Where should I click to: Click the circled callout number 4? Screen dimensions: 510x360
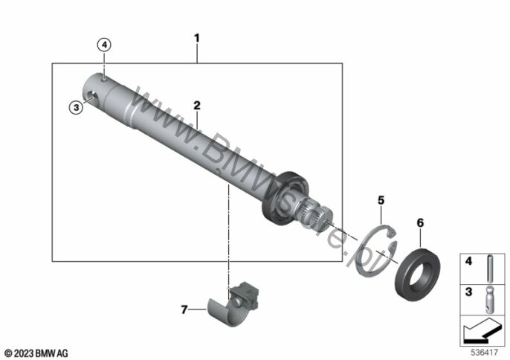point(104,45)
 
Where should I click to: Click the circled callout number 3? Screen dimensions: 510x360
point(76,107)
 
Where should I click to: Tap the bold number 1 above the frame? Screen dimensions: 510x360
point(196,39)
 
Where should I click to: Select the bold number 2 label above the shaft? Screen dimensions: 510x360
point(197,106)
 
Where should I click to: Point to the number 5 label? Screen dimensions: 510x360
point(381,200)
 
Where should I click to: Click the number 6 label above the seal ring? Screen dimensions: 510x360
point(420,223)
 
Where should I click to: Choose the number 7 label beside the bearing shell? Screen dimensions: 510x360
point(184,309)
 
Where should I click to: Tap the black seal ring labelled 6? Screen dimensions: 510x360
point(417,275)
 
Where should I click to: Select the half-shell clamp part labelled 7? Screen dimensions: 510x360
point(233,304)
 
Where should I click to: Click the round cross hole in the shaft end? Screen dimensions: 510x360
point(93,97)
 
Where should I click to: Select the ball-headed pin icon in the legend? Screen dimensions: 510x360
point(490,300)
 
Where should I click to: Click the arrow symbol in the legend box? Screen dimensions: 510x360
point(482,331)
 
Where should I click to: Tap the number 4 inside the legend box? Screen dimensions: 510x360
point(468,261)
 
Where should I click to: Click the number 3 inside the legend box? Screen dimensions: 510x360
point(468,292)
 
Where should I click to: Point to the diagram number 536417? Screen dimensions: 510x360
point(485,353)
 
